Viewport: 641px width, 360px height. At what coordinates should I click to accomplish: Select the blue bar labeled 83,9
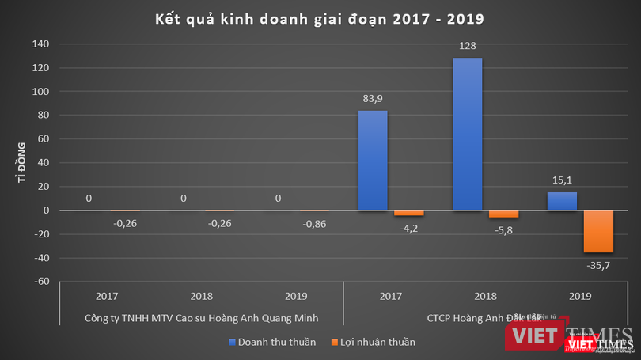(x=373, y=161)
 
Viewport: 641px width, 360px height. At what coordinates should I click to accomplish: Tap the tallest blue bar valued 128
(x=467, y=135)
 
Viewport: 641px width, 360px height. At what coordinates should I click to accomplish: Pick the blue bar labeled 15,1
(x=561, y=201)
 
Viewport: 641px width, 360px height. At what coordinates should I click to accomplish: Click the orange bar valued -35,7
(x=598, y=231)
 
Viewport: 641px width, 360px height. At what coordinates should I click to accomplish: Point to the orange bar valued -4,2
(x=409, y=213)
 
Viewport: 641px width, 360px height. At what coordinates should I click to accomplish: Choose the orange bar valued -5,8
(x=503, y=214)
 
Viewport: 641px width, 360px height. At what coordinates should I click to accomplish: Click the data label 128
(x=467, y=47)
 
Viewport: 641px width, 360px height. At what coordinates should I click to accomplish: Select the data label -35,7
(x=598, y=266)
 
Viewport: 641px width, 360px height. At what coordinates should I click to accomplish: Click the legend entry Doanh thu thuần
(x=272, y=343)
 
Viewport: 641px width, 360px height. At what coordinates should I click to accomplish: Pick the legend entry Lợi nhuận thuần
(x=372, y=343)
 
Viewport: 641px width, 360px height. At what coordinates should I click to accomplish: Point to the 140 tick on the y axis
(x=40, y=44)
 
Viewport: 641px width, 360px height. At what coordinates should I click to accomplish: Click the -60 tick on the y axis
(x=43, y=281)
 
